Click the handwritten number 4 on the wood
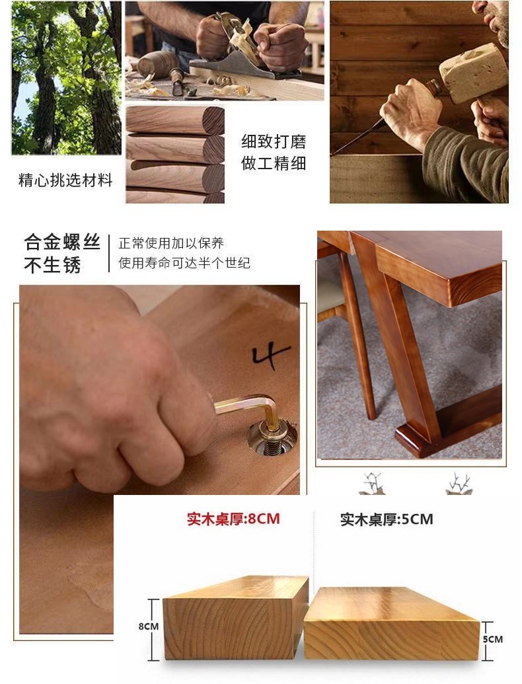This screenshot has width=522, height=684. tap(270, 355)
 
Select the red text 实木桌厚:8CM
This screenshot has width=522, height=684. tap(233, 519)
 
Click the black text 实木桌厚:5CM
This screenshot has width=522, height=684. tap(387, 519)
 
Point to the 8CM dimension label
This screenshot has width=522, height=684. tap(149, 627)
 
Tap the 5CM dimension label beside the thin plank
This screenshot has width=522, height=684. tap(493, 639)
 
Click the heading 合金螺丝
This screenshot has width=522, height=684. tap(62, 242)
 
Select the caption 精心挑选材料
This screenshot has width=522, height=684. tap(65, 180)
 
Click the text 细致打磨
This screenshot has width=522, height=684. tap(274, 142)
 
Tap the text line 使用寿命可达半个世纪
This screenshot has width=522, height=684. tap(184, 263)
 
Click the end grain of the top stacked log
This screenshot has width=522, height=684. tap(213, 120)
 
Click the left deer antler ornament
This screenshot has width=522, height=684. tap(372, 483)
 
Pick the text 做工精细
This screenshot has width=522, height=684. tap(274, 164)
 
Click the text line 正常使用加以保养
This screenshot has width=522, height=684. tap(171, 243)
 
